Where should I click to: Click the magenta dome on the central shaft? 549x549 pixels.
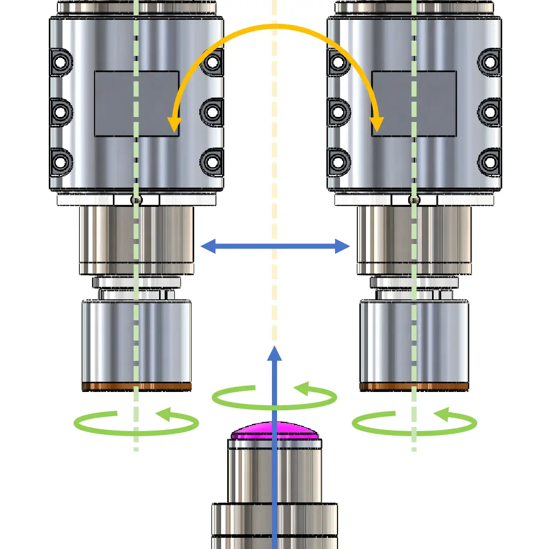click(x=274, y=431)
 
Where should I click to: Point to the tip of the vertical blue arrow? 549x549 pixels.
click(x=274, y=350)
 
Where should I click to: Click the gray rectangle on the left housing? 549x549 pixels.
click(x=137, y=104)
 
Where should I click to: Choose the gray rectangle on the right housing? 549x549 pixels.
click(x=414, y=104)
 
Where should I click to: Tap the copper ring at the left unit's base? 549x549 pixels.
click(x=137, y=387)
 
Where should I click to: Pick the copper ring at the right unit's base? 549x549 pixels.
click(x=414, y=387)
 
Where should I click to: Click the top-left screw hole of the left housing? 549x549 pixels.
click(x=60, y=63)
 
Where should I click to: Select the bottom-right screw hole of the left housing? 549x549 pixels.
click(x=212, y=163)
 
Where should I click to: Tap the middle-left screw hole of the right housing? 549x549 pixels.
click(x=338, y=111)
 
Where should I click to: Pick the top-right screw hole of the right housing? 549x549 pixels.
click(x=490, y=63)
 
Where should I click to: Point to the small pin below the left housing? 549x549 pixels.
click(x=136, y=200)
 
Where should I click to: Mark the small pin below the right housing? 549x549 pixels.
click(x=414, y=200)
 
